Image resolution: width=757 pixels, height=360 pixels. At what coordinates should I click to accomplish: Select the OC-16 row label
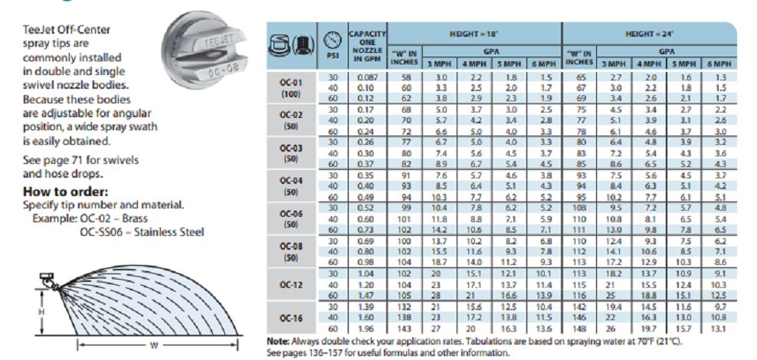[x=292, y=317]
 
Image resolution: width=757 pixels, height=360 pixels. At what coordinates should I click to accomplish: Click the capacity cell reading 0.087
[x=367, y=77]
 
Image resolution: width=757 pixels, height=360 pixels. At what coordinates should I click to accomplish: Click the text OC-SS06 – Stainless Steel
[x=142, y=232]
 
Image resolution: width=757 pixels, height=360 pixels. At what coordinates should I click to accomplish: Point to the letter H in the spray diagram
[x=42, y=313]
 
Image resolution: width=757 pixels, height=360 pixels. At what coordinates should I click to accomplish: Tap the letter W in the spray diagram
[x=153, y=345]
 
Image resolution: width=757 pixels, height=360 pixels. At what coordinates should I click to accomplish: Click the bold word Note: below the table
[x=277, y=341]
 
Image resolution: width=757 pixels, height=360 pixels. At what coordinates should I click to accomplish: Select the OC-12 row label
[x=292, y=284]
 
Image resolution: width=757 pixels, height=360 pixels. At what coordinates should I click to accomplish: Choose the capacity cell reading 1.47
[x=367, y=294]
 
